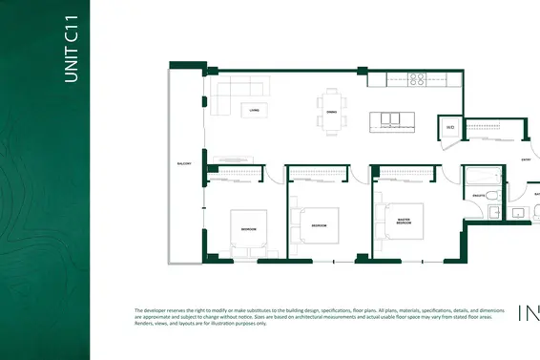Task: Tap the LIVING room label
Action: (254, 111)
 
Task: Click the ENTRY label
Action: (525, 159)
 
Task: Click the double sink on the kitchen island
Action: (391, 119)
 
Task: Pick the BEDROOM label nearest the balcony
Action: (247, 230)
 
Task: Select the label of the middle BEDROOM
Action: (320, 225)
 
